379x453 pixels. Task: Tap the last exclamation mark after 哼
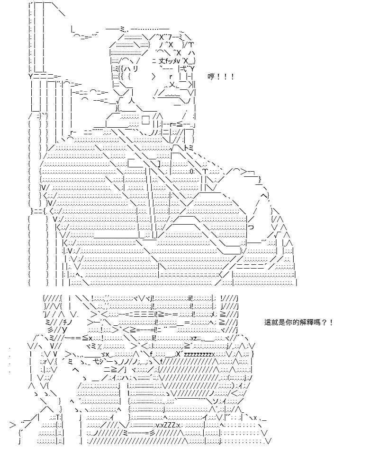pos(233,77)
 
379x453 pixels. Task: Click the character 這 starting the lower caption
pos(268,322)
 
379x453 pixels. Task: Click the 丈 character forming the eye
pos(162,61)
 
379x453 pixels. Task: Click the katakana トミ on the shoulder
pos(188,148)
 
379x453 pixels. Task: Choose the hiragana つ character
pos(251,227)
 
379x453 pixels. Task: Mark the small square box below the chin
pos(146,119)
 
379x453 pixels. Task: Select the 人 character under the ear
pos(131,101)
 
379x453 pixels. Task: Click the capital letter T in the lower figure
pos(58,417)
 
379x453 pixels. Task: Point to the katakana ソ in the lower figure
pos(217,401)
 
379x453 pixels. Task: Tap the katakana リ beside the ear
pos(135,69)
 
